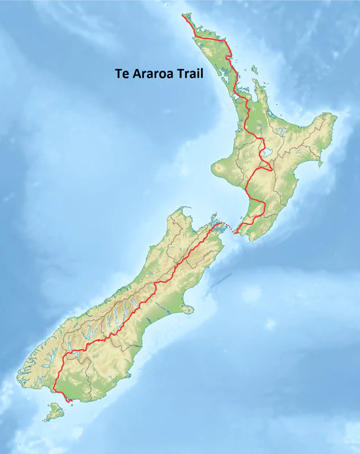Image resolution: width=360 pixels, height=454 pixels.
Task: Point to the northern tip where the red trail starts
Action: click(182, 14)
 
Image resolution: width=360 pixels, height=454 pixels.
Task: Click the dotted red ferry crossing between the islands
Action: click(227, 229)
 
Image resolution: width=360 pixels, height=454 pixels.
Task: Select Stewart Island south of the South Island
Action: click(55, 411)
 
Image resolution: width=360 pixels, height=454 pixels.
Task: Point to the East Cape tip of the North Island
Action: click(336, 116)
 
